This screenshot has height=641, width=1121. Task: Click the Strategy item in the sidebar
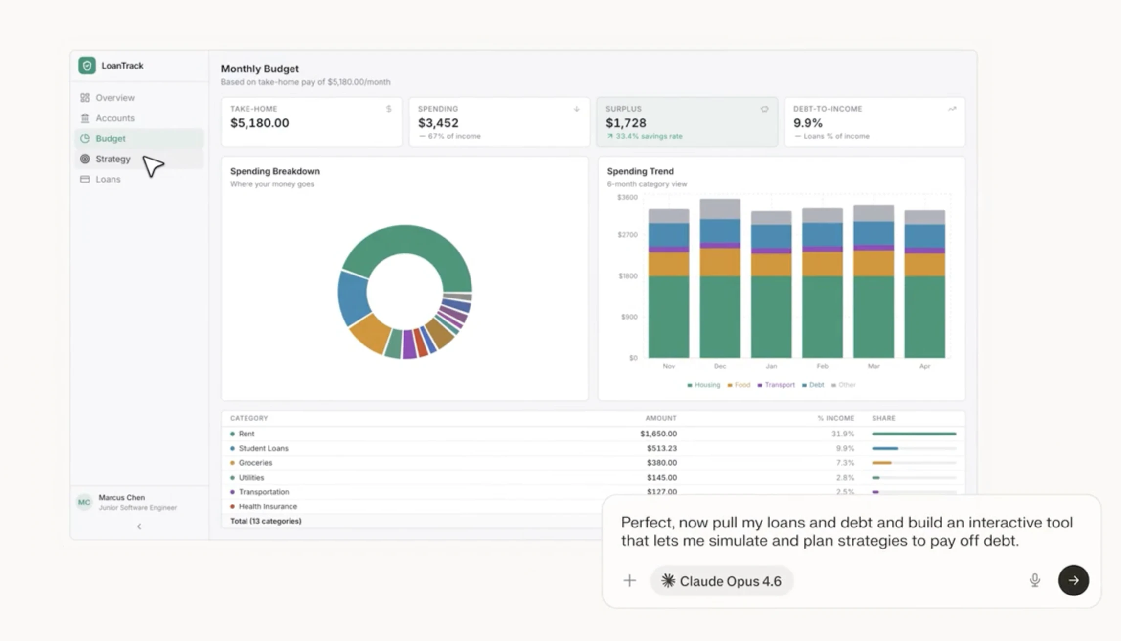coord(112,159)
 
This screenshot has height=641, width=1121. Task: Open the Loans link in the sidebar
coord(108,180)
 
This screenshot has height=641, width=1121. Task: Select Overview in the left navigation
coord(114,98)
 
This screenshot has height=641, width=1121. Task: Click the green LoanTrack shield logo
coord(87,66)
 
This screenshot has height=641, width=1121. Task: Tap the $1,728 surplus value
coord(626,123)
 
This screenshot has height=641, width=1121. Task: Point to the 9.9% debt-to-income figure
coord(807,123)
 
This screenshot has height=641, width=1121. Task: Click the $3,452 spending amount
coord(438,123)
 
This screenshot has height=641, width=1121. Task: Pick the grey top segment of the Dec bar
coord(719,209)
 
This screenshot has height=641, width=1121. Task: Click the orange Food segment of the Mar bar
coord(873,263)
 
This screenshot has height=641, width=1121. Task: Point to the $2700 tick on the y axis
coord(627,235)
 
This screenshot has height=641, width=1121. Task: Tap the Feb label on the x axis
coord(822,366)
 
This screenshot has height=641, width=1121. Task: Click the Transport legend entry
coord(779,385)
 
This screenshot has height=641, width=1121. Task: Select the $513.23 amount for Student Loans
coord(661,449)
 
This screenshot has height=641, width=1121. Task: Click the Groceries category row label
coord(255,463)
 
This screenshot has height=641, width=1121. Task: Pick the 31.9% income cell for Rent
coord(842,434)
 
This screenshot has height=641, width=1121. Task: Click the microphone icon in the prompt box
coord(1034,581)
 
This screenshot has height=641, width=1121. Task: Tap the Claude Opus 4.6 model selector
coord(721,581)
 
